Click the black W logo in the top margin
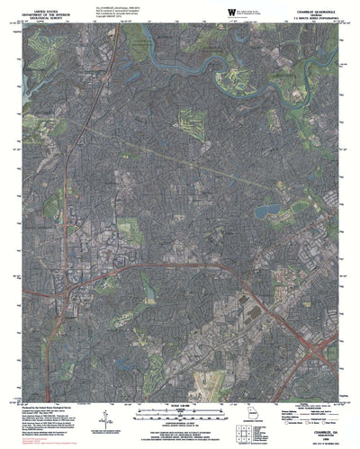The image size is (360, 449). [x=231, y=10]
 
